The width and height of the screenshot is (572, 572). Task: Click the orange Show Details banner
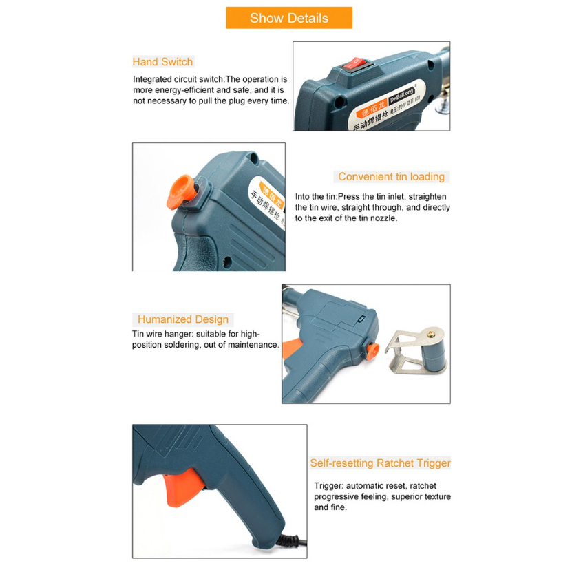point(289,17)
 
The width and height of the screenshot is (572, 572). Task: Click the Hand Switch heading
point(162,62)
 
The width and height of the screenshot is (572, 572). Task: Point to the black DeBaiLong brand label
point(402,95)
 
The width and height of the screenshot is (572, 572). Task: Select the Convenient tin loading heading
point(391,177)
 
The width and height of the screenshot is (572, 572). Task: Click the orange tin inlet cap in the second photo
point(180,191)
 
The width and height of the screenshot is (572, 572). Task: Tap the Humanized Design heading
point(183,319)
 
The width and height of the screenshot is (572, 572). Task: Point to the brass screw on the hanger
point(431,333)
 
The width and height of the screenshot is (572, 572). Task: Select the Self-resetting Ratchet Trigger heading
point(381,463)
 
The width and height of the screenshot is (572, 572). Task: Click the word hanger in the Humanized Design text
point(179,334)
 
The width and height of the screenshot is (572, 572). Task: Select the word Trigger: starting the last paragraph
point(329,486)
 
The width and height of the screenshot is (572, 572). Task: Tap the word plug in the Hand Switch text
point(237,101)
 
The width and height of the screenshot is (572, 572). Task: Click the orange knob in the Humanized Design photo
point(372,350)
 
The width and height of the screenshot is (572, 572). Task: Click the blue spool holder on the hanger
point(434,354)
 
